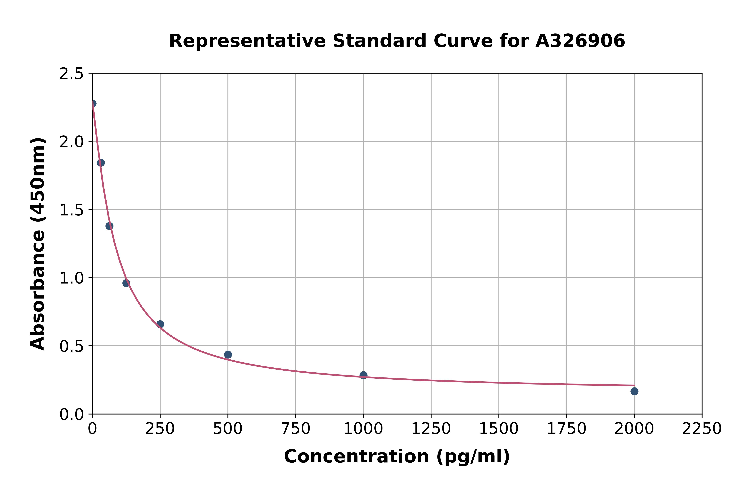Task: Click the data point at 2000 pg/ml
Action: click(x=634, y=391)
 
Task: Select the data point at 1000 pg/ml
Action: click(x=363, y=375)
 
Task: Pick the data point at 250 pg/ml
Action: click(x=160, y=324)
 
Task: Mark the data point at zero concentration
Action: click(x=93, y=103)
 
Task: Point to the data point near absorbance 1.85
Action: click(x=101, y=163)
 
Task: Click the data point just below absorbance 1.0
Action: click(x=126, y=283)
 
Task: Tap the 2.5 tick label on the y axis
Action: click(x=72, y=74)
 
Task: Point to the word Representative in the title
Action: click(x=247, y=41)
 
